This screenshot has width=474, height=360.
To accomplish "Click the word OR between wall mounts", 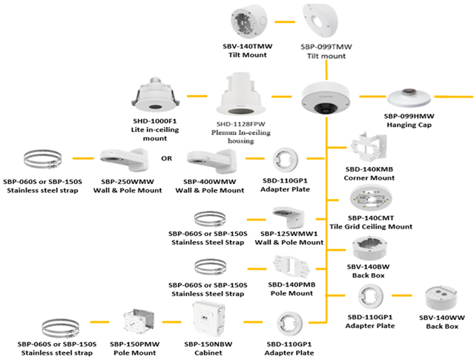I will (x=167, y=157).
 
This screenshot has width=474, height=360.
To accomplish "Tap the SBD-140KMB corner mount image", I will (x=368, y=149).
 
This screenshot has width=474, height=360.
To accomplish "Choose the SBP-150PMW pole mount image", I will (x=137, y=321).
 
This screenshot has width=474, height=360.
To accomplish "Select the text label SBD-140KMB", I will (x=368, y=170).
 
